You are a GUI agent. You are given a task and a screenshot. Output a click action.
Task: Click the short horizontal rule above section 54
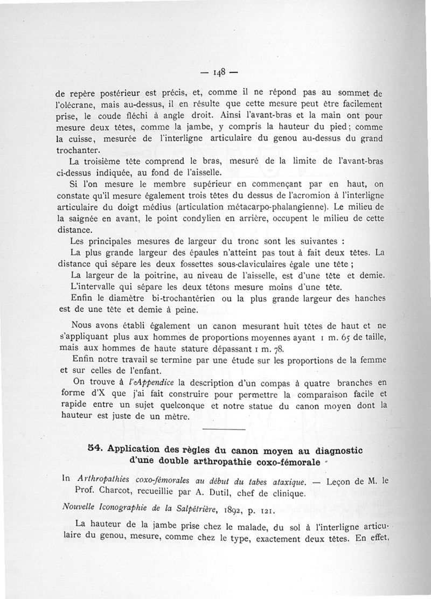[x=225, y=429]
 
